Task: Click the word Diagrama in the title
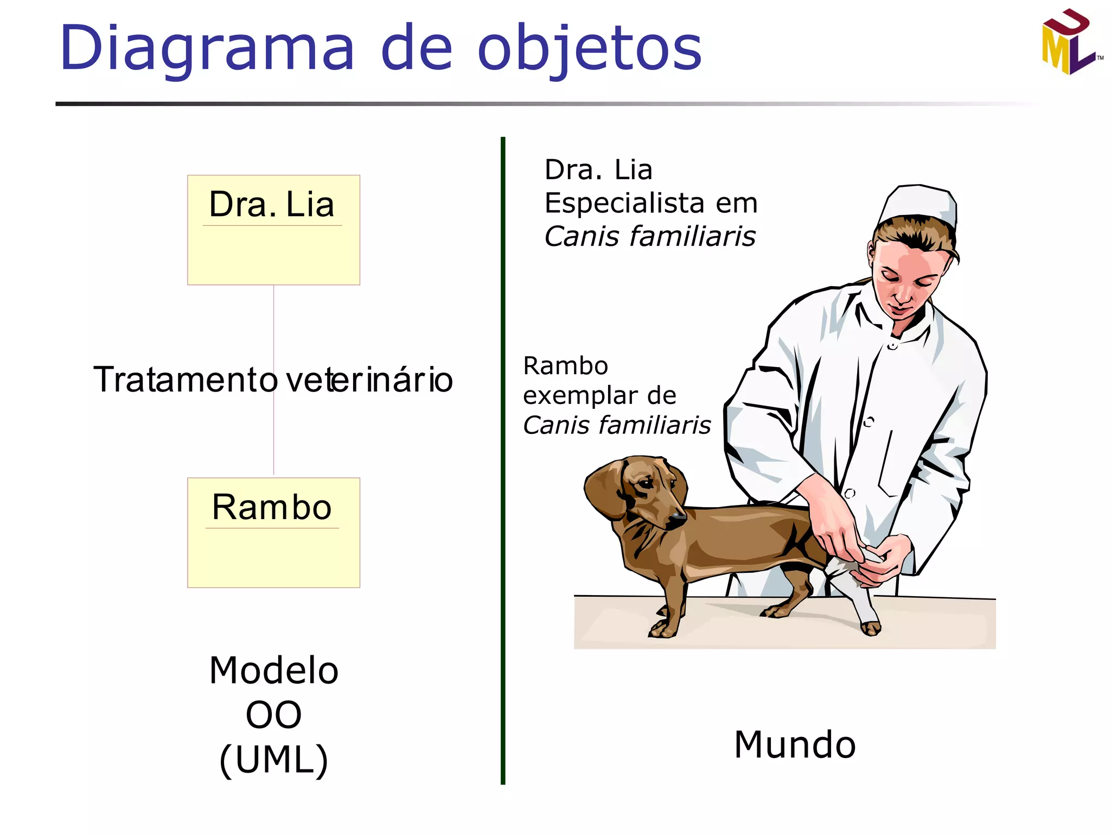click(x=207, y=49)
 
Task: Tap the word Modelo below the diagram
click(x=273, y=670)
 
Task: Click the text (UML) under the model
click(x=273, y=759)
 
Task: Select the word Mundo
click(x=795, y=744)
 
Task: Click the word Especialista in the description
click(x=624, y=203)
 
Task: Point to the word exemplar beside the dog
click(x=576, y=395)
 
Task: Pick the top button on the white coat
click(x=892, y=345)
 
